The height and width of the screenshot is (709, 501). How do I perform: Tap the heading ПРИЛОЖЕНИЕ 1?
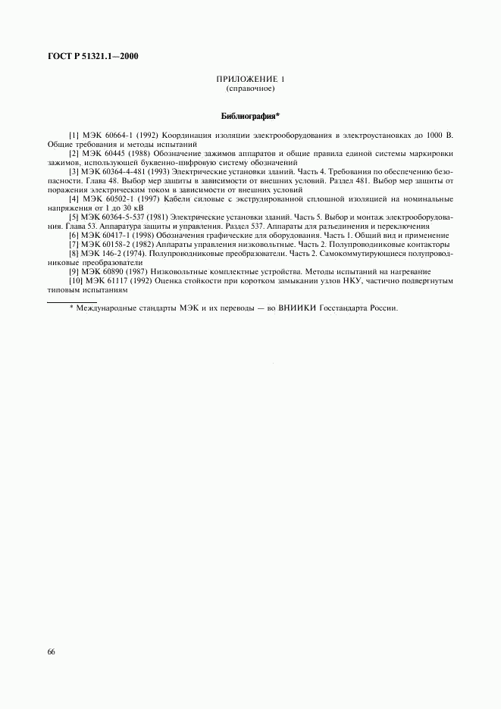click(x=250, y=80)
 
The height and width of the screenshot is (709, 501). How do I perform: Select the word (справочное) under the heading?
click(x=250, y=89)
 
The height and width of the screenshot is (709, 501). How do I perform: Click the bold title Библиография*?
click(x=250, y=117)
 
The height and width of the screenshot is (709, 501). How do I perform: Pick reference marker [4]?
click(x=74, y=198)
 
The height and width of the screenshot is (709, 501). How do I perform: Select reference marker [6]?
click(x=74, y=235)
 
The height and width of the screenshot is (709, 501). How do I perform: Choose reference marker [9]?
click(x=74, y=271)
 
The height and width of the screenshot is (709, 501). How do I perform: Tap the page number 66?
click(x=51, y=651)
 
